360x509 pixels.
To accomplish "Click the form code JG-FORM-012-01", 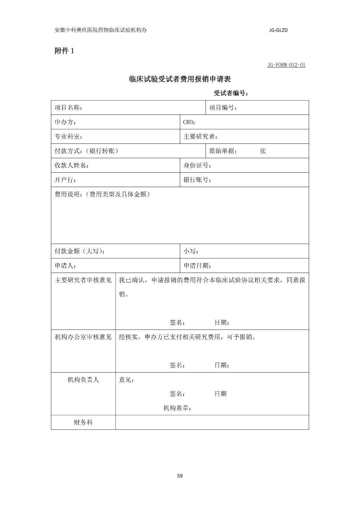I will pyautogui.click(x=286, y=65).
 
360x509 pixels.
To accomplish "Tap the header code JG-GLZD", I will pyautogui.click(x=278, y=31).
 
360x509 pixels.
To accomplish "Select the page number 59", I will pyautogui.click(x=180, y=476).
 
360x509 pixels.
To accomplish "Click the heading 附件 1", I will pyautogui.click(x=64, y=51).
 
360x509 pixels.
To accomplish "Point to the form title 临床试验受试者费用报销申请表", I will pyautogui.click(x=180, y=79).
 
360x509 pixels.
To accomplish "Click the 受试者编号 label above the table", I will pyautogui.click(x=231, y=93).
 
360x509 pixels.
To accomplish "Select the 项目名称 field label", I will pyautogui.click(x=68, y=108).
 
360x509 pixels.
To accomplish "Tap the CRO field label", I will pyautogui.click(x=189, y=122).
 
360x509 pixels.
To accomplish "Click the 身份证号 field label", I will pyautogui.click(x=197, y=165).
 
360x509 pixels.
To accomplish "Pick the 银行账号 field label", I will pyautogui.click(x=197, y=180).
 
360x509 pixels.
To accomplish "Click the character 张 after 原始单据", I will pyautogui.click(x=263, y=151).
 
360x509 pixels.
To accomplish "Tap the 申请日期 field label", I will pyautogui.click(x=197, y=266).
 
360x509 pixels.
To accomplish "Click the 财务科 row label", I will pyautogui.click(x=83, y=422).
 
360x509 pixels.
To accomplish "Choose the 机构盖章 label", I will pyautogui.click(x=177, y=408).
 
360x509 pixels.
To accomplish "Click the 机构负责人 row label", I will pyautogui.click(x=83, y=380).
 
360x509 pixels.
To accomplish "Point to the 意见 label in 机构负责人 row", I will pyautogui.click(x=126, y=380).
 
